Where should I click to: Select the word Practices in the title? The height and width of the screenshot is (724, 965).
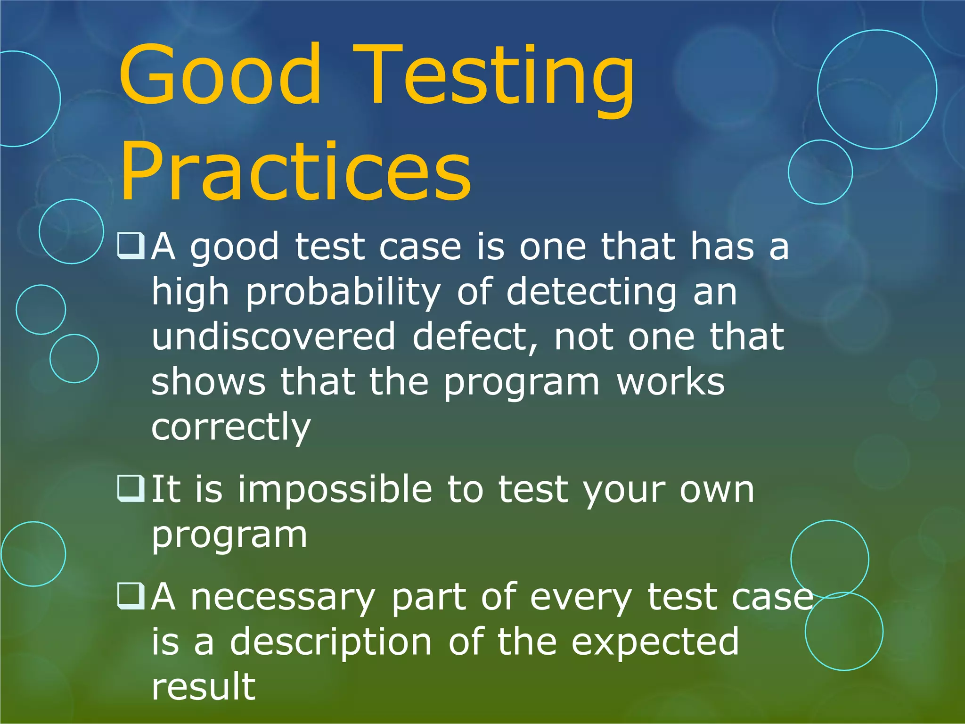296,173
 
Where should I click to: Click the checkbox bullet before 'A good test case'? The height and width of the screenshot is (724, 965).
131,246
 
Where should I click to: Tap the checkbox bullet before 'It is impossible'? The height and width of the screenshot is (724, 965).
131,488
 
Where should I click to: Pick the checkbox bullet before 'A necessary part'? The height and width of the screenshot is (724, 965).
131,596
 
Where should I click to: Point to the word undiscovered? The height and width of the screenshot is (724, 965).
273,337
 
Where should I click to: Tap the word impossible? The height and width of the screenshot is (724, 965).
335,489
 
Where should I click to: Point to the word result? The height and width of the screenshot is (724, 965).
204,686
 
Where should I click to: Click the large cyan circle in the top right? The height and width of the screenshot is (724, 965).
877,90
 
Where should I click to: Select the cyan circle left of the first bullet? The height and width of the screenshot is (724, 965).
72,231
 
